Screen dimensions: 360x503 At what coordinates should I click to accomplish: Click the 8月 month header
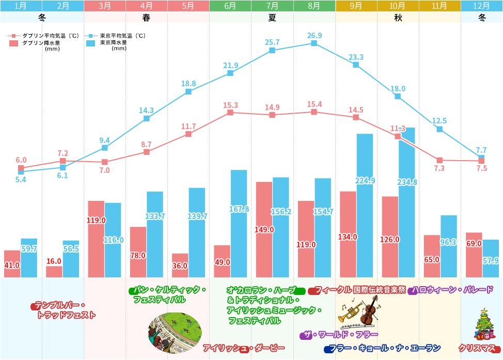[x=314, y=6]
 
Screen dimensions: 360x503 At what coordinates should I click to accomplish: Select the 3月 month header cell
[x=104, y=6]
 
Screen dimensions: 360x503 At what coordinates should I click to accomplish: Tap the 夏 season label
[x=272, y=17]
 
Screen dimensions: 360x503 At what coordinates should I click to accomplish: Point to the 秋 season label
[x=398, y=17]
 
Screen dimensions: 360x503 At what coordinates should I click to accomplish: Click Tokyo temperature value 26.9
[x=314, y=35]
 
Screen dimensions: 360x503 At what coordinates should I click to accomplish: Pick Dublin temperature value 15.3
[x=230, y=105]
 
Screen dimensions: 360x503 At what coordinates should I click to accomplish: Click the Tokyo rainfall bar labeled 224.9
[x=365, y=207]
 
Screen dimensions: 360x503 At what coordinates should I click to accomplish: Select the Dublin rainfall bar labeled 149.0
[x=264, y=230]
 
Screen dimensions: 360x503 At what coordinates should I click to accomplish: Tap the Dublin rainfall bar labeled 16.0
[x=54, y=272]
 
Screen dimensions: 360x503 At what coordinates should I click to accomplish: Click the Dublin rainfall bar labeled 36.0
[x=180, y=265]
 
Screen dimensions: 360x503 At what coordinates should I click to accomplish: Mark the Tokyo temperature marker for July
[x=272, y=50]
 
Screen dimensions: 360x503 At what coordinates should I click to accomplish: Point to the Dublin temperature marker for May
[x=188, y=134]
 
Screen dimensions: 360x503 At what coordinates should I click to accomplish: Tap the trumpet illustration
[x=350, y=312]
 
